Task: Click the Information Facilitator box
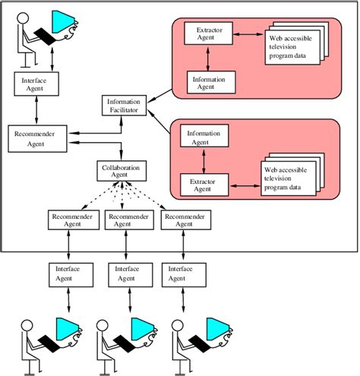pos(122,105)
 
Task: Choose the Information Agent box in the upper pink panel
pos(210,81)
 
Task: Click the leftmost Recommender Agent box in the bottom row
pos(71,221)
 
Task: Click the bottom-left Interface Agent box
pos(71,273)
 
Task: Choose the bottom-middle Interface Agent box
pos(127,273)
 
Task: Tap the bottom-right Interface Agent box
pos(182,273)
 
